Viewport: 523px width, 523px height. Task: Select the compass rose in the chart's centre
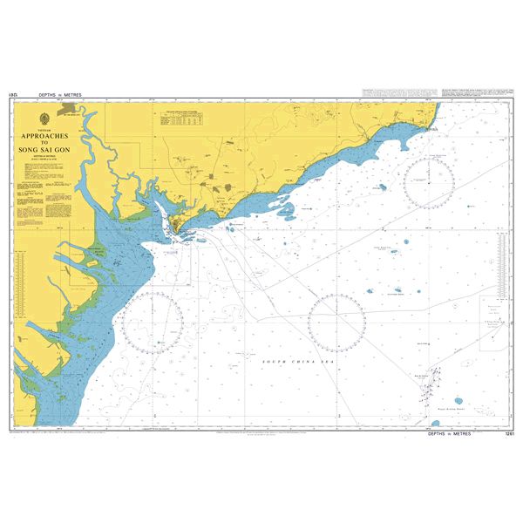point(336,319)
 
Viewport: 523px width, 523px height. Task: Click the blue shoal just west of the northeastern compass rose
point(382,187)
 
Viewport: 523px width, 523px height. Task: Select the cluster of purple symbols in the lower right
point(430,384)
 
